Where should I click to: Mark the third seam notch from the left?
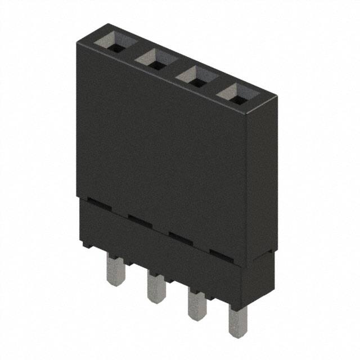pos(181,236)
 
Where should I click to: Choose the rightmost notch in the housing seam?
pos(221,253)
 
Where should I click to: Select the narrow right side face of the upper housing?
pos(260,169)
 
